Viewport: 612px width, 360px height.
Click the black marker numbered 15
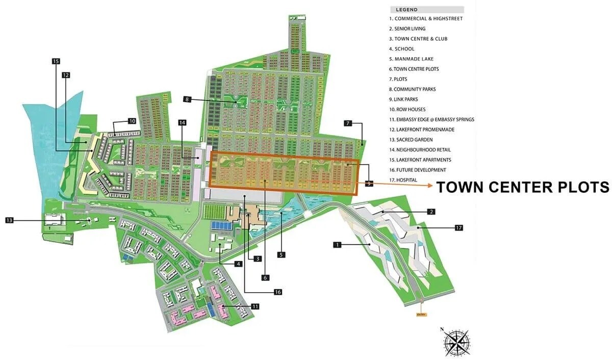point(56,61)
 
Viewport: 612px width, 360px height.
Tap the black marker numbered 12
point(66,75)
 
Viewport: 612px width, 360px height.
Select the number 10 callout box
point(132,121)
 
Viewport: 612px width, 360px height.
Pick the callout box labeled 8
point(188,100)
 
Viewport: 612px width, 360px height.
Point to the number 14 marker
point(183,122)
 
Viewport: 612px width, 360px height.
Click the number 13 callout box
point(10,220)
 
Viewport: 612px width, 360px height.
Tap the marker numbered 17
point(458,227)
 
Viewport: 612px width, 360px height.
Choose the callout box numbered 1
point(337,245)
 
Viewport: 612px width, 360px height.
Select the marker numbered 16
point(278,292)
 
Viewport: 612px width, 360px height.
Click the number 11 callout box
point(255,306)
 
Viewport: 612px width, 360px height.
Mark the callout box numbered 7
point(348,123)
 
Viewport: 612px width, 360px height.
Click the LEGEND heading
point(406,9)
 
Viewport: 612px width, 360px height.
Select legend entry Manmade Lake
point(411,59)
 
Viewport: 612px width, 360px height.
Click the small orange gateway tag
point(421,315)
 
